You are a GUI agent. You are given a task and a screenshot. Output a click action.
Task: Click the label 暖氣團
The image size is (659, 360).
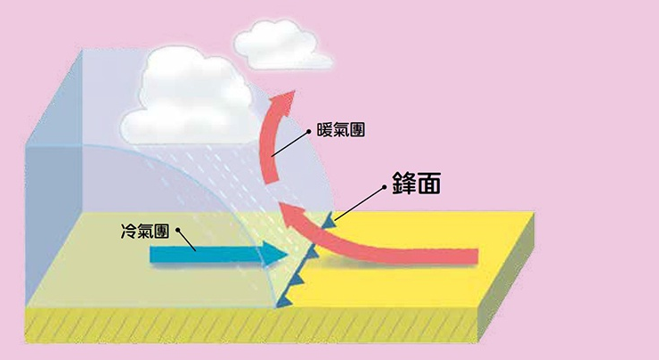point(342,131)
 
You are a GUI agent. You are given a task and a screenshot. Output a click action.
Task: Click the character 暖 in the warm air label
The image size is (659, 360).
point(325,131)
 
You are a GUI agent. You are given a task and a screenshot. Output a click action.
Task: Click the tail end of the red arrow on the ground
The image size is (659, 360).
point(476,258)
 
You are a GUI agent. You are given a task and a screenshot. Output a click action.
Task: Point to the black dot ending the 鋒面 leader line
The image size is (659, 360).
point(385,187)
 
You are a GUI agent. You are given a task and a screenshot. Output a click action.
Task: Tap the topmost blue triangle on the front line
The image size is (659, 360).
point(332,217)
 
